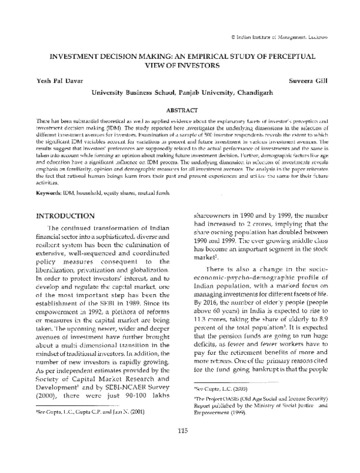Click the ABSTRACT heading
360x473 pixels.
180,110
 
